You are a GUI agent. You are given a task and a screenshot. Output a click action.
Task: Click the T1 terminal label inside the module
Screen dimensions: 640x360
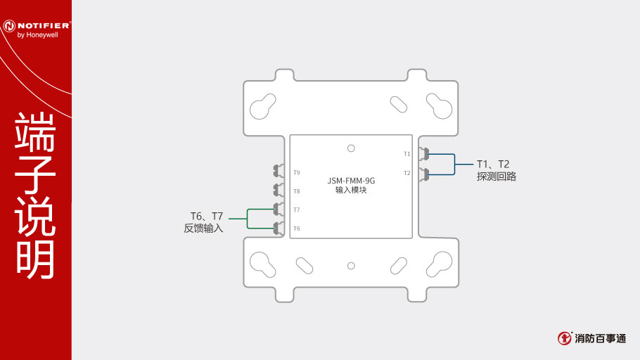coord(407,154)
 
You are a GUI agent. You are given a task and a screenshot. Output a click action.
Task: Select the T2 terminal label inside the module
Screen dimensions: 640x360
coord(407,173)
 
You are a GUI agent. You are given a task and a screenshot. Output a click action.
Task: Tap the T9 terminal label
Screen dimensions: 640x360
coord(297,173)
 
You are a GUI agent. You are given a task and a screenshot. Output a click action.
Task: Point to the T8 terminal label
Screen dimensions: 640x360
coord(297,191)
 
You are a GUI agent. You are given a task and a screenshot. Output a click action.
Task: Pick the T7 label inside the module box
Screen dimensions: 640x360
coord(297,210)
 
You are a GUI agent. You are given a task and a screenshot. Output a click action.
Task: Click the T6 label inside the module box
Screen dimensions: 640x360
coord(297,229)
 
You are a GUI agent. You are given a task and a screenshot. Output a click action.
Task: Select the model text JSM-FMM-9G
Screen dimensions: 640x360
coord(351,181)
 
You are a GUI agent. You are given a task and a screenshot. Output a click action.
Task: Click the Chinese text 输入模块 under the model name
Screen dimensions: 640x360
coord(351,191)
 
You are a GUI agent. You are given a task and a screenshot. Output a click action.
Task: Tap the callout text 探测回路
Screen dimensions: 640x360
coord(497,176)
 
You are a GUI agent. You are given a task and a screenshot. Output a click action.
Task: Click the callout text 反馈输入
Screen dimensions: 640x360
coord(203,228)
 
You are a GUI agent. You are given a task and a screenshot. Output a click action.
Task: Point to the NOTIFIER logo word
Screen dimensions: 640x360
coord(44,25)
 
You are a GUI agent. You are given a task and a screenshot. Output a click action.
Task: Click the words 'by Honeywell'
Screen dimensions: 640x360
coord(37,35)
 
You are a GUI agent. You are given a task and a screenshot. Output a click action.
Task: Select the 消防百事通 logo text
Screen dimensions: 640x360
coord(600,338)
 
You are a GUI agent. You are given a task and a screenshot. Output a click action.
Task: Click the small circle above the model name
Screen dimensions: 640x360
coord(351,148)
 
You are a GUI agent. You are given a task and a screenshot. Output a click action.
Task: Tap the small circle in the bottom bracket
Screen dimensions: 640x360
coord(351,266)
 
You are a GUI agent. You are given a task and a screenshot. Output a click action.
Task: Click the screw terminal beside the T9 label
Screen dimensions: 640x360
coord(279,171)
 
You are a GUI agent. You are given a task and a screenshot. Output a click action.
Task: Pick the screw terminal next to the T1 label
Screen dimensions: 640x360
coord(424,154)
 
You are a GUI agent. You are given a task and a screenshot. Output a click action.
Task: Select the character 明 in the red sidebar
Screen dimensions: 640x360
coord(35,259)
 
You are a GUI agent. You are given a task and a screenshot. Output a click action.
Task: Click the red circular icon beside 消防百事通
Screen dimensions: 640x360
coord(565,338)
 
